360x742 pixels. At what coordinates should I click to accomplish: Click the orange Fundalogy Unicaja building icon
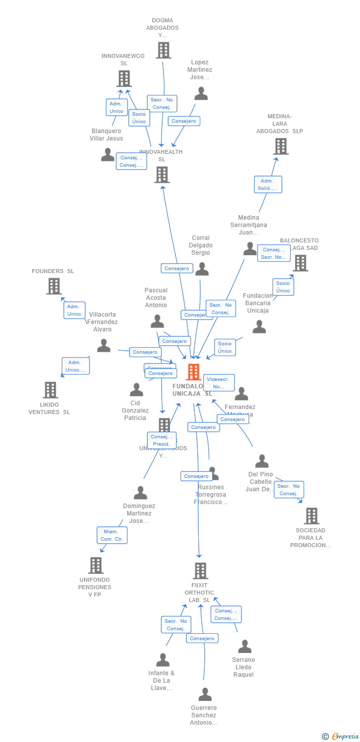click(x=193, y=372)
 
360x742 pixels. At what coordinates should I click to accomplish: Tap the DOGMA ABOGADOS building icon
click(x=163, y=50)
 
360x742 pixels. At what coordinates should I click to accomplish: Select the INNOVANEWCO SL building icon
click(x=124, y=79)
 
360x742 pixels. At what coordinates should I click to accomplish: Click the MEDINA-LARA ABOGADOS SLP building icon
click(x=280, y=146)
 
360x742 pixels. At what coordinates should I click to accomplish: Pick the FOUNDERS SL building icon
click(x=53, y=286)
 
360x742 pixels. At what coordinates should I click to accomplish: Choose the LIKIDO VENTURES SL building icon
click(x=50, y=390)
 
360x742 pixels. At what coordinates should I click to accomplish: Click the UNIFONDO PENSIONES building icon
click(x=95, y=565)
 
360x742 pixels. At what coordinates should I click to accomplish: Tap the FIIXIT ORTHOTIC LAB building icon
click(x=200, y=571)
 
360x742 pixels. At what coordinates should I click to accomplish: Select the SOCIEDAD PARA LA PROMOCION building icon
click(x=311, y=516)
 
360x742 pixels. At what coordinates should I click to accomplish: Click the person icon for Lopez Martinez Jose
click(x=201, y=93)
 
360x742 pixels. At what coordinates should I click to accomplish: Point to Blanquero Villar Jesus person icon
click(x=107, y=154)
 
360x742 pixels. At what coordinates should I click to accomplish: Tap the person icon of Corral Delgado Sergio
click(x=202, y=269)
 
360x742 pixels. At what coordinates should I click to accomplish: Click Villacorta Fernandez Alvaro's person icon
click(x=103, y=345)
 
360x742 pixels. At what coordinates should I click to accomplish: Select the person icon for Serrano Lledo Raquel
click(x=244, y=646)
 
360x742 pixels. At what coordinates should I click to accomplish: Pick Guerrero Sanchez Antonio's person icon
click(x=205, y=694)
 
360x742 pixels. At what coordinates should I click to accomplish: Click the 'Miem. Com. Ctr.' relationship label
click(x=112, y=535)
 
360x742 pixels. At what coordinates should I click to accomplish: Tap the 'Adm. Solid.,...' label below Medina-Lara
click(x=268, y=185)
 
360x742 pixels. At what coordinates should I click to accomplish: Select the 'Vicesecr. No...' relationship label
click(x=219, y=383)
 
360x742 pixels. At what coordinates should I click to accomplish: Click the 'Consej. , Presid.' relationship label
click(x=161, y=440)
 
